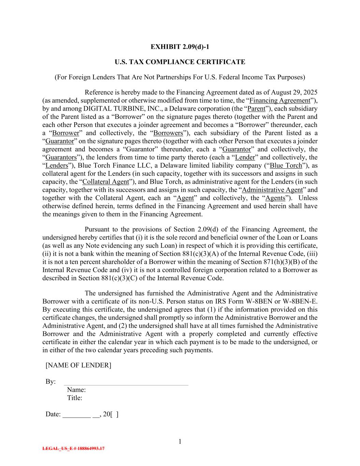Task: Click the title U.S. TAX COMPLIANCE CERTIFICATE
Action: click(x=180, y=62)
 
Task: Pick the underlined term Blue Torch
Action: click(x=286, y=166)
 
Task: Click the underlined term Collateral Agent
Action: click(x=106, y=182)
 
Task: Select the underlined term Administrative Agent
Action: click(x=272, y=190)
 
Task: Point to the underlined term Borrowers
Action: click(x=168, y=133)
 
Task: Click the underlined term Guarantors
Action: click(x=61, y=157)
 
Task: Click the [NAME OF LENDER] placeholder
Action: click(x=78, y=365)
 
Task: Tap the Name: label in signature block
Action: click(x=76, y=390)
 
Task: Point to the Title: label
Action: click(x=75, y=398)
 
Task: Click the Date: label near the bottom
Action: click(x=53, y=414)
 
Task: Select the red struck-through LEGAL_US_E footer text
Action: click(x=73, y=449)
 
